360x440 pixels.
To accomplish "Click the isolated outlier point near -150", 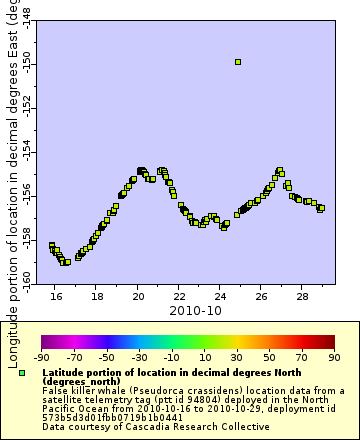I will [237, 62].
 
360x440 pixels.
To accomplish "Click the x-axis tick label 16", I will [56, 297].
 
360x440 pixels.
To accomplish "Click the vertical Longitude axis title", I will [10, 180].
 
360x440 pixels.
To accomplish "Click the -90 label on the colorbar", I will [42, 356].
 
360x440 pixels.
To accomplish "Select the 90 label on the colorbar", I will [333, 356].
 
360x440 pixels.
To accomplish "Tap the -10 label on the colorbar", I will [172, 356].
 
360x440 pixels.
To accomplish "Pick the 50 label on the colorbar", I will [269, 356].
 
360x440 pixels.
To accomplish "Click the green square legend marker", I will [22, 372].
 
